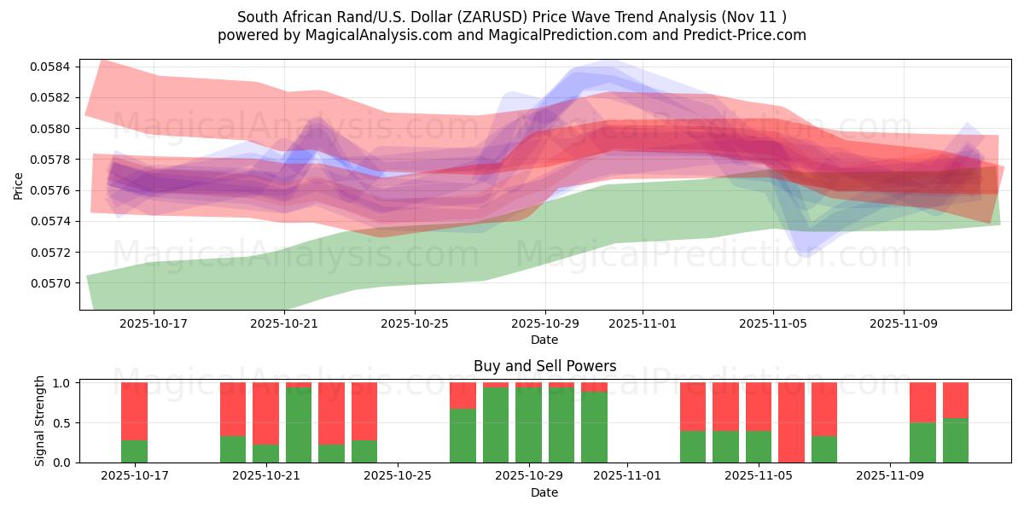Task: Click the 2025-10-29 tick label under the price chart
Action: (545, 324)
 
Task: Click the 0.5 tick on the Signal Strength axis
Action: (64, 423)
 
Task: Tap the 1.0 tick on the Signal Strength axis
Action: (64, 383)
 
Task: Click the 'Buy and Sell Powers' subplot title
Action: (544, 367)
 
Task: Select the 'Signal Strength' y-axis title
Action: (40, 421)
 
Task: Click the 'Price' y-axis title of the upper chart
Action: (19, 185)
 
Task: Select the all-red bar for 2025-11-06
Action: (791, 422)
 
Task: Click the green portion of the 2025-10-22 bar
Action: (299, 425)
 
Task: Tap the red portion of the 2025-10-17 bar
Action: (134, 410)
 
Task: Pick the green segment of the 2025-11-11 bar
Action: (956, 440)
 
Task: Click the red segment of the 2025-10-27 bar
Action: (463, 395)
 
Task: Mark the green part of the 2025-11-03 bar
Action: (693, 446)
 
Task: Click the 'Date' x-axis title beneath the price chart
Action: (544, 340)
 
